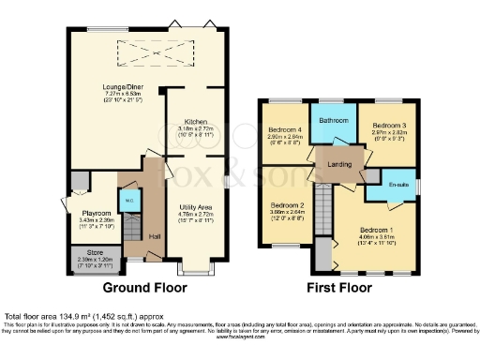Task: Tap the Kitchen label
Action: click(196, 123)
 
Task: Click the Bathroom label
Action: click(333, 120)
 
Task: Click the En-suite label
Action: click(400, 185)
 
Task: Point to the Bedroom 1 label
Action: click(379, 229)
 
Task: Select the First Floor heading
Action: click(335, 287)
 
